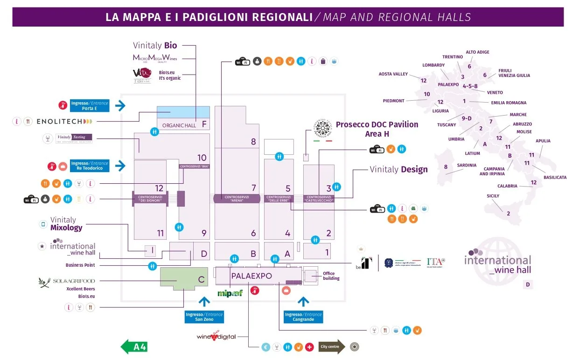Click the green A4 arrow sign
click(134, 346)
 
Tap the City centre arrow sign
click(332, 346)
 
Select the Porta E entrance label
click(89, 106)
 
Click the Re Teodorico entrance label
click(89, 166)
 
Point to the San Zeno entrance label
click(204, 317)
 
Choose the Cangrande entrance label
click(303, 317)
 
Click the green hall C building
click(184, 279)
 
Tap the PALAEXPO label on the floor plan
click(251, 276)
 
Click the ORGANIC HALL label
click(179, 125)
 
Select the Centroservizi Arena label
click(237, 198)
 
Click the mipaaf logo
click(230, 293)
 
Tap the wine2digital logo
click(216, 336)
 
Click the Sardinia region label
click(467, 165)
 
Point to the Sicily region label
click(493, 196)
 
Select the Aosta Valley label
click(393, 74)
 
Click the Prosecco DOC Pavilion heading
click(377, 129)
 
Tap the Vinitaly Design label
click(398, 169)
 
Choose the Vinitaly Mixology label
click(66, 224)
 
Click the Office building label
click(331, 276)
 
